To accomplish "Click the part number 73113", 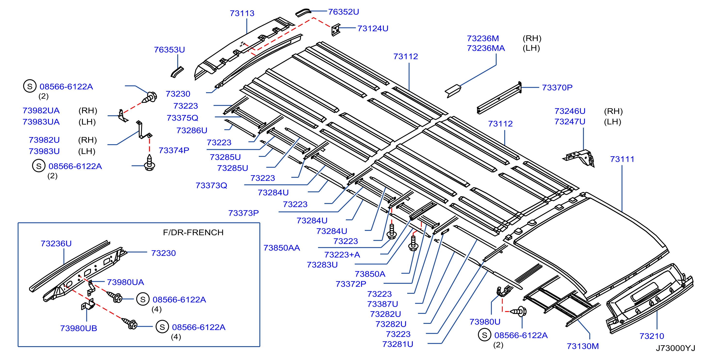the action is (x=242, y=13).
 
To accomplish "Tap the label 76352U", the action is (x=343, y=12).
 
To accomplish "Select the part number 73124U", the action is (x=373, y=28).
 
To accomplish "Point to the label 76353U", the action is (x=169, y=50).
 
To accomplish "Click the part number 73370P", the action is (x=557, y=88).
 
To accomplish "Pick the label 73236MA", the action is (x=486, y=48).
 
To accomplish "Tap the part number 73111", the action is (x=622, y=159).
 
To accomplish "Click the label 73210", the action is (x=652, y=336).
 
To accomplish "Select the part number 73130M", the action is (x=583, y=346).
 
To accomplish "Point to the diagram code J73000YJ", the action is (x=675, y=348).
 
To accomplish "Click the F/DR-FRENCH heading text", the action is (x=193, y=232).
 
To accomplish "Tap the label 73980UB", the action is (x=79, y=328).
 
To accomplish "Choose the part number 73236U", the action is (x=56, y=244).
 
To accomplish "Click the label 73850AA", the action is (x=281, y=248).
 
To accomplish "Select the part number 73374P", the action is (x=174, y=150).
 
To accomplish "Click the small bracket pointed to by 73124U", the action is (x=335, y=30).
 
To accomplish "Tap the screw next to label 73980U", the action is (x=518, y=311).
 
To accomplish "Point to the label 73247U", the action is (x=570, y=122).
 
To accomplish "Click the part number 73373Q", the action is (x=211, y=186).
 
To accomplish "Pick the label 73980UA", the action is (x=126, y=282).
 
